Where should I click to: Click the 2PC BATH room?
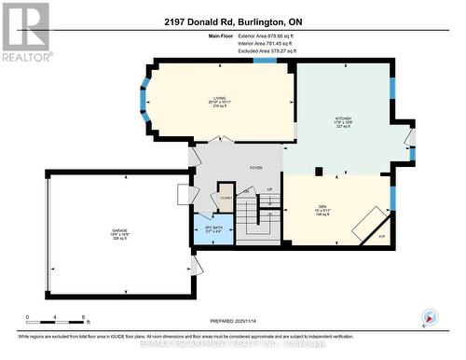pos(212,230)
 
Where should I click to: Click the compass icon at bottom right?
pos(428,317)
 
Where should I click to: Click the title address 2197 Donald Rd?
pos(232,21)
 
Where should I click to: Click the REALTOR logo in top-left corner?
pos(24,32)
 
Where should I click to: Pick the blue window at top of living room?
pos(265,61)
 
